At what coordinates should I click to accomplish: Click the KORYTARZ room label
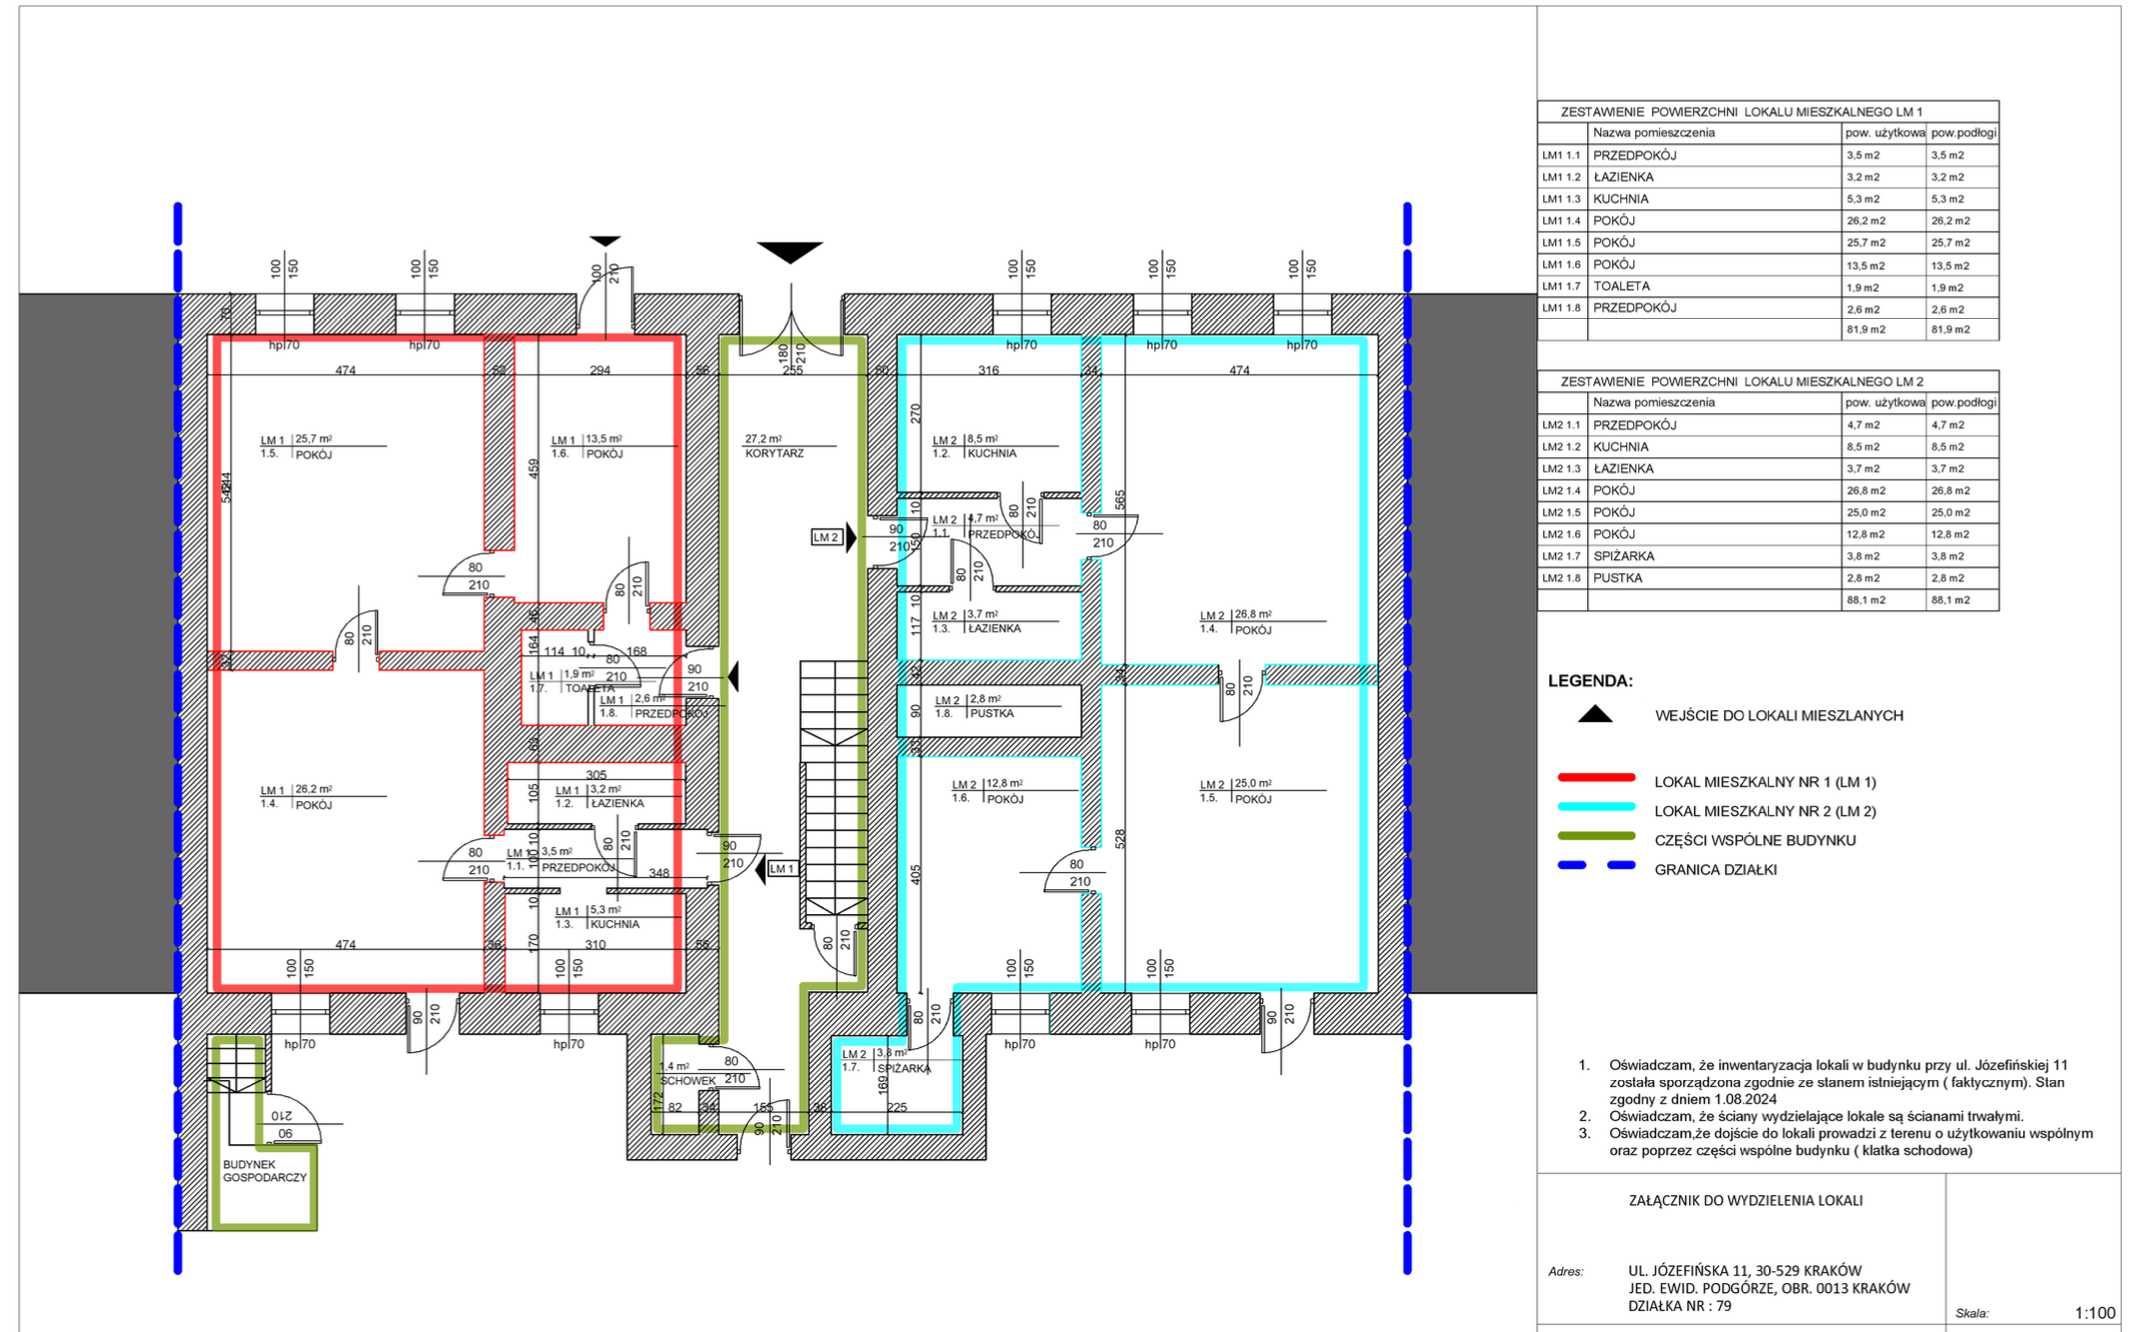coord(774,453)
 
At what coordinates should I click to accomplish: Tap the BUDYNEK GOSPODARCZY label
coord(264,1171)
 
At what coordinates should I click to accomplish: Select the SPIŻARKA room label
coord(904,1068)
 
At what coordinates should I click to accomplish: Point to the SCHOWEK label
coord(688,1081)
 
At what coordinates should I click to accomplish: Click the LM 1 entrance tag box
coord(782,869)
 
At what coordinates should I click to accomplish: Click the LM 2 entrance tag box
coord(826,537)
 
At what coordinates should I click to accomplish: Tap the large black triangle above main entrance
coord(789,251)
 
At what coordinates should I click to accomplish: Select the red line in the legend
coord(1596,777)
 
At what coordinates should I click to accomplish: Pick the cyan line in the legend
coord(1596,806)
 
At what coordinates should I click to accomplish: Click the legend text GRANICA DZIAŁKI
coord(1715,870)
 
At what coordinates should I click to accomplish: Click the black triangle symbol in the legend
coord(1595,714)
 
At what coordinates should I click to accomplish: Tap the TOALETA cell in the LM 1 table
coord(1621,286)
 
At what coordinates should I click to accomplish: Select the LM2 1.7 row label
coord(1561,556)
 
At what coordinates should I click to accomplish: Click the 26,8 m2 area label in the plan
coord(1253,615)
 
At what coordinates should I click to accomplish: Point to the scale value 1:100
coord(2095,1313)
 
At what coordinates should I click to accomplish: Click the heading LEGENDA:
coord(1590,681)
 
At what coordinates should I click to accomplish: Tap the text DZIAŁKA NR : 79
coord(1679,1306)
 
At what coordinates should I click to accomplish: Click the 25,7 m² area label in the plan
coord(313,439)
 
